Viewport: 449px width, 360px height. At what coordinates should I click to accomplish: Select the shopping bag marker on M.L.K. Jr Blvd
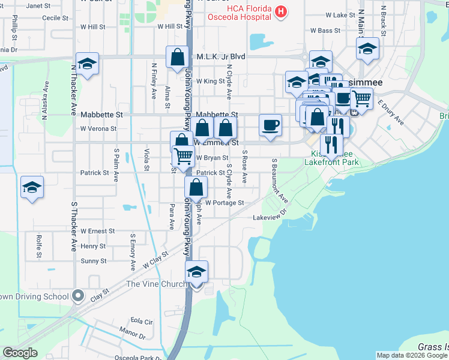178,58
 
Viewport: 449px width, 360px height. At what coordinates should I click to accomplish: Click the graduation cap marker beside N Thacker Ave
88,65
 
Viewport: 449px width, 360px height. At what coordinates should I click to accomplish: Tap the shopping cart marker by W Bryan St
184,156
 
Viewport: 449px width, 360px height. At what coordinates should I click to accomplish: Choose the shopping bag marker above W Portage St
196,187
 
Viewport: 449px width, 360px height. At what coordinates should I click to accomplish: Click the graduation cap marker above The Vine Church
196,272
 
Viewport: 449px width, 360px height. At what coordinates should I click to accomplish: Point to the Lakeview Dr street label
267,217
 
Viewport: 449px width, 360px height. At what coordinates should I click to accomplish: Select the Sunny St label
94,261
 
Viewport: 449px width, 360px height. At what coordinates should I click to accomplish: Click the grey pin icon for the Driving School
77,295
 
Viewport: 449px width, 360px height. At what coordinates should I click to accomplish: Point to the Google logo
20,353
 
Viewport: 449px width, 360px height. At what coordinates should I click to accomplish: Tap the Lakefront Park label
331,162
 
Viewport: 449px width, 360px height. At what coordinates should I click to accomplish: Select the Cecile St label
55,18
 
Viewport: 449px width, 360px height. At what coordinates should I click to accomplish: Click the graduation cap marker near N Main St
367,49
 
